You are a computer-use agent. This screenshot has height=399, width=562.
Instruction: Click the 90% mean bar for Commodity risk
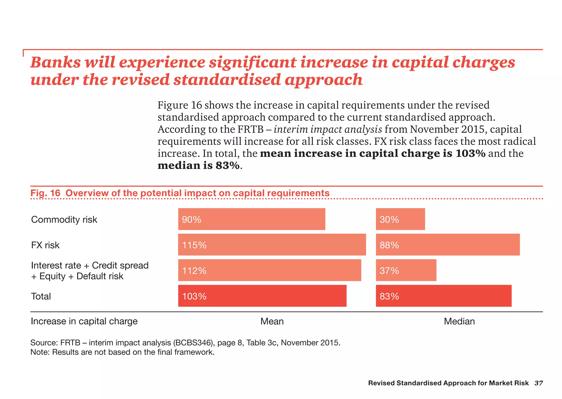(x=251, y=219)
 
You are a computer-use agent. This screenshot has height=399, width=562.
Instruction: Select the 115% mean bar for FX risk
(x=272, y=245)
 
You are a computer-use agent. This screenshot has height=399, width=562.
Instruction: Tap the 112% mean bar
(x=269, y=270)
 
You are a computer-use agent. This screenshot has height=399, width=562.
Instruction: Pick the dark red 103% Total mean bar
(x=262, y=296)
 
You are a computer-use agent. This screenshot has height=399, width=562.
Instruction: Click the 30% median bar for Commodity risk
(x=400, y=219)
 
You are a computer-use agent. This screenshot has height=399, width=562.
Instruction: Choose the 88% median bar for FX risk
(x=448, y=245)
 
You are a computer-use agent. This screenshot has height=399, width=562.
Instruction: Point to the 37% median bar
(x=406, y=270)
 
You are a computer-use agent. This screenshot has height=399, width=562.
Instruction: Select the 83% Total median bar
(x=443, y=296)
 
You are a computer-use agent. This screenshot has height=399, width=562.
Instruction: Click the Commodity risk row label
(x=64, y=220)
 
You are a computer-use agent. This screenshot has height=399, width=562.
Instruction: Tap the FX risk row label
(x=45, y=245)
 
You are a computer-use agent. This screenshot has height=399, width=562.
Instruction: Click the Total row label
(x=41, y=297)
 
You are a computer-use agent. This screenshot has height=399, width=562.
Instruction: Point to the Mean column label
(x=272, y=321)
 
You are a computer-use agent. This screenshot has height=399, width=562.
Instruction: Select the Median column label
(x=459, y=321)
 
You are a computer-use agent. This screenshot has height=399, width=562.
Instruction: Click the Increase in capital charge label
(x=84, y=321)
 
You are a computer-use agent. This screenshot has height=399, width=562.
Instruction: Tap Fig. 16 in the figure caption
(x=45, y=193)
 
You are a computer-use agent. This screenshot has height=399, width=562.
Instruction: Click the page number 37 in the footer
(x=538, y=383)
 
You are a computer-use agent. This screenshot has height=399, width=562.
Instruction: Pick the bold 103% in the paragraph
(x=470, y=153)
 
